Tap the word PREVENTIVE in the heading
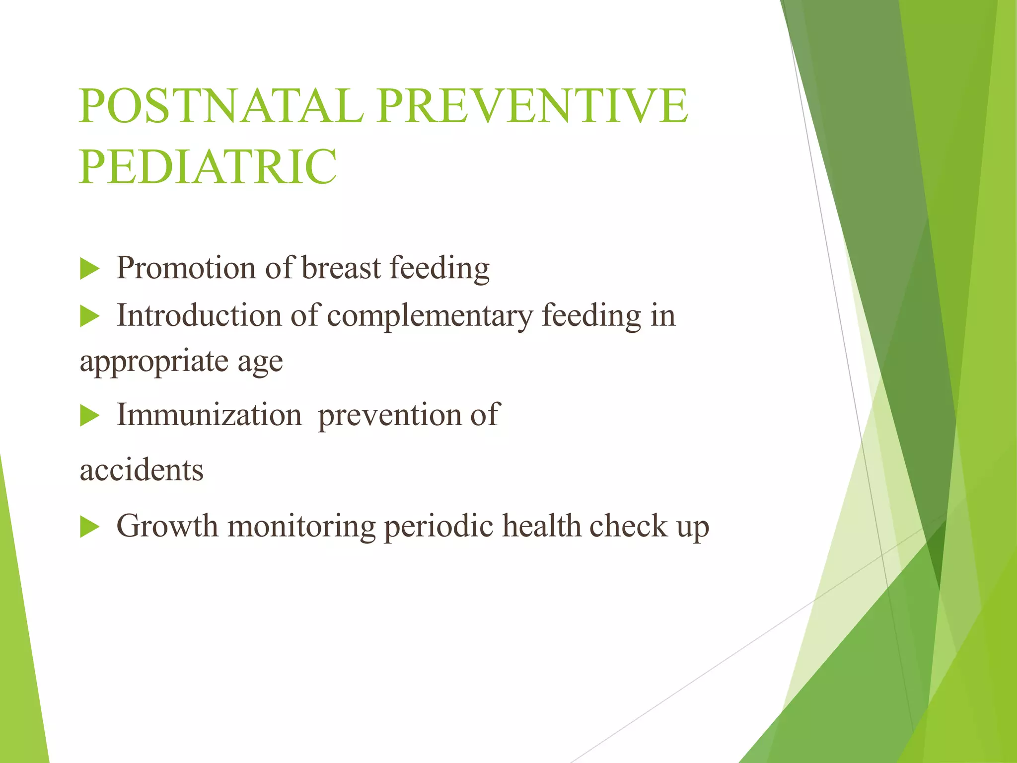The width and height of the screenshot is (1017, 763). pyautogui.click(x=532, y=106)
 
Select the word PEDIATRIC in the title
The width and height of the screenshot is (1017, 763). pyautogui.click(x=208, y=166)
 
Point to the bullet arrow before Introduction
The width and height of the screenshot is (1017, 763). pyautogui.click(x=90, y=316)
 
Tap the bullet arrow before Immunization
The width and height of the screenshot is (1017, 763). pyautogui.click(x=90, y=416)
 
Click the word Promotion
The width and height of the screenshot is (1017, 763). pyautogui.click(x=186, y=269)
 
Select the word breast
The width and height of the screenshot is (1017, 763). pyautogui.click(x=342, y=268)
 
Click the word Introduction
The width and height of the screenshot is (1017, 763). pyautogui.click(x=199, y=315)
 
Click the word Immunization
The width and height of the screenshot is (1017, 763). pyautogui.click(x=209, y=415)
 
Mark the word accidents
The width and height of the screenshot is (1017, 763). pyautogui.click(x=142, y=470)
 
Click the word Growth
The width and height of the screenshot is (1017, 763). pyautogui.click(x=167, y=526)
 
